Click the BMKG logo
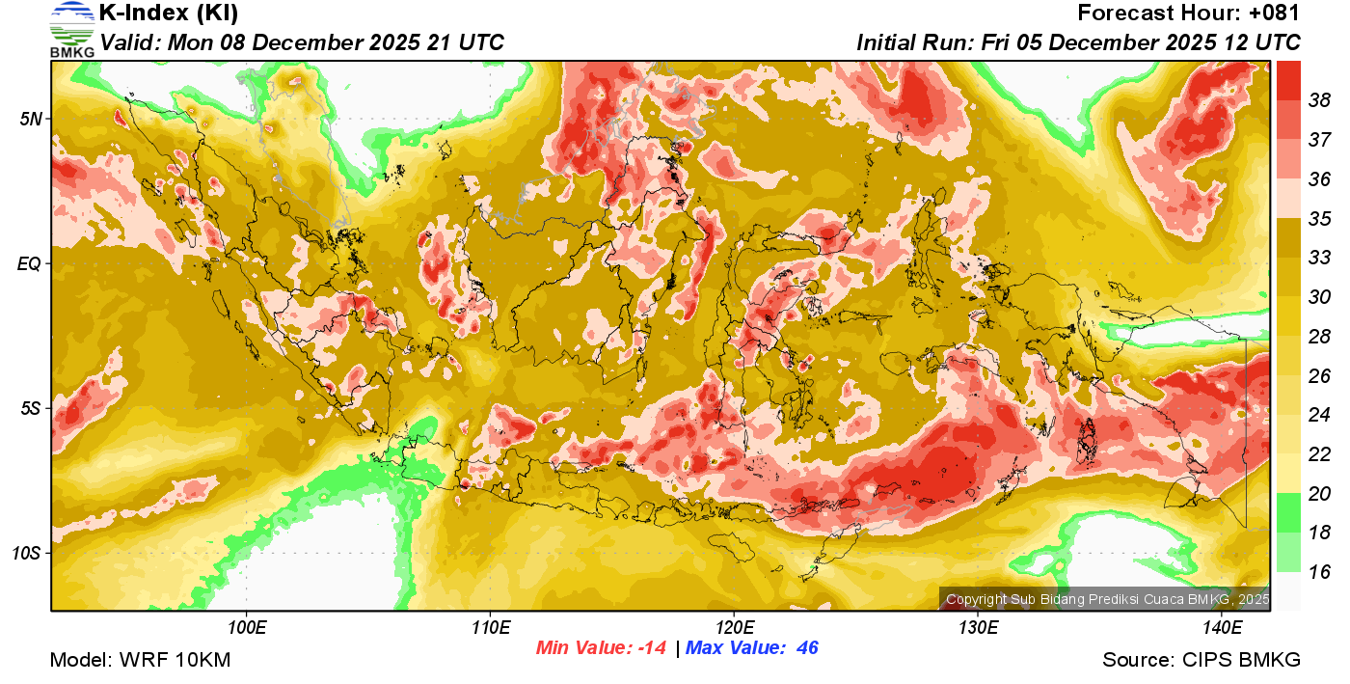pyautogui.click(x=71, y=29)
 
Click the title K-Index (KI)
pyautogui.click(x=169, y=14)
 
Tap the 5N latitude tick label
pyautogui.click(x=32, y=119)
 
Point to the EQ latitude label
pyautogui.click(x=31, y=263)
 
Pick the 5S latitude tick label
pyautogui.click(x=32, y=409)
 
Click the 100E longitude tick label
pyautogui.click(x=247, y=627)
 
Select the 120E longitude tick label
pyautogui.click(x=734, y=627)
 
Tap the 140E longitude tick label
pyautogui.click(x=1222, y=627)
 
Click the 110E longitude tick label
pyautogui.click(x=490, y=627)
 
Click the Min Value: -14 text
pyautogui.click(x=601, y=648)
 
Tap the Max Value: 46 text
pyautogui.click(x=752, y=648)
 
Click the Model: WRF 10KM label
pyautogui.click(x=140, y=661)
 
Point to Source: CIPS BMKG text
pyautogui.click(x=1201, y=661)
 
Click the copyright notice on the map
pyautogui.click(x=1107, y=599)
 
